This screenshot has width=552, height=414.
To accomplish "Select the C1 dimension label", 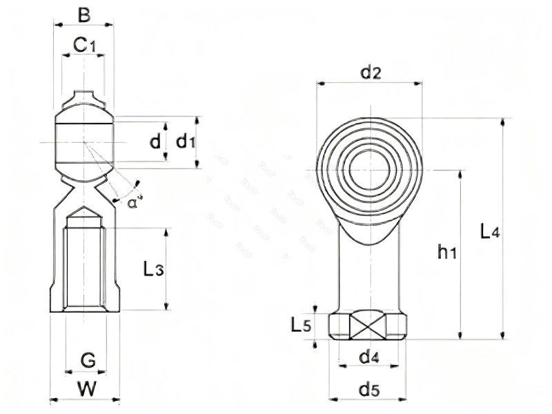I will click(84, 46).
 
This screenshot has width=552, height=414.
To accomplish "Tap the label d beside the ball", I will click(156, 142).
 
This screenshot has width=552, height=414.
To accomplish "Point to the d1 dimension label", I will click(184, 142).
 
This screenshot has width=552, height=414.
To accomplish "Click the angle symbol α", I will click(132, 201).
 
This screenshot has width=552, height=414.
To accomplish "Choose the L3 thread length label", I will click(153, 270).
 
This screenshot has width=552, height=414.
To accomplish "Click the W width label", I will click(86, 388).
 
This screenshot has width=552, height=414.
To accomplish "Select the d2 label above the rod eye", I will click(371, 71).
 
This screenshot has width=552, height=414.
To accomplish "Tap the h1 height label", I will click(447, 253).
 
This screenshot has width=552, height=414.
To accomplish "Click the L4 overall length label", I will click(489, 231).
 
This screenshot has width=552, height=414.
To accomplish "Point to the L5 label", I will click(301, 324).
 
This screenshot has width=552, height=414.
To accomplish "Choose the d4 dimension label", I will click(370, 357).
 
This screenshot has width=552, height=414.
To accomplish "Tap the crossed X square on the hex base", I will click(368, 324).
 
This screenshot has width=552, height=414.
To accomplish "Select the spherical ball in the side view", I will click(84, 143).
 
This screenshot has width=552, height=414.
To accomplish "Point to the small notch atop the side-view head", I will click(84, 97).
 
